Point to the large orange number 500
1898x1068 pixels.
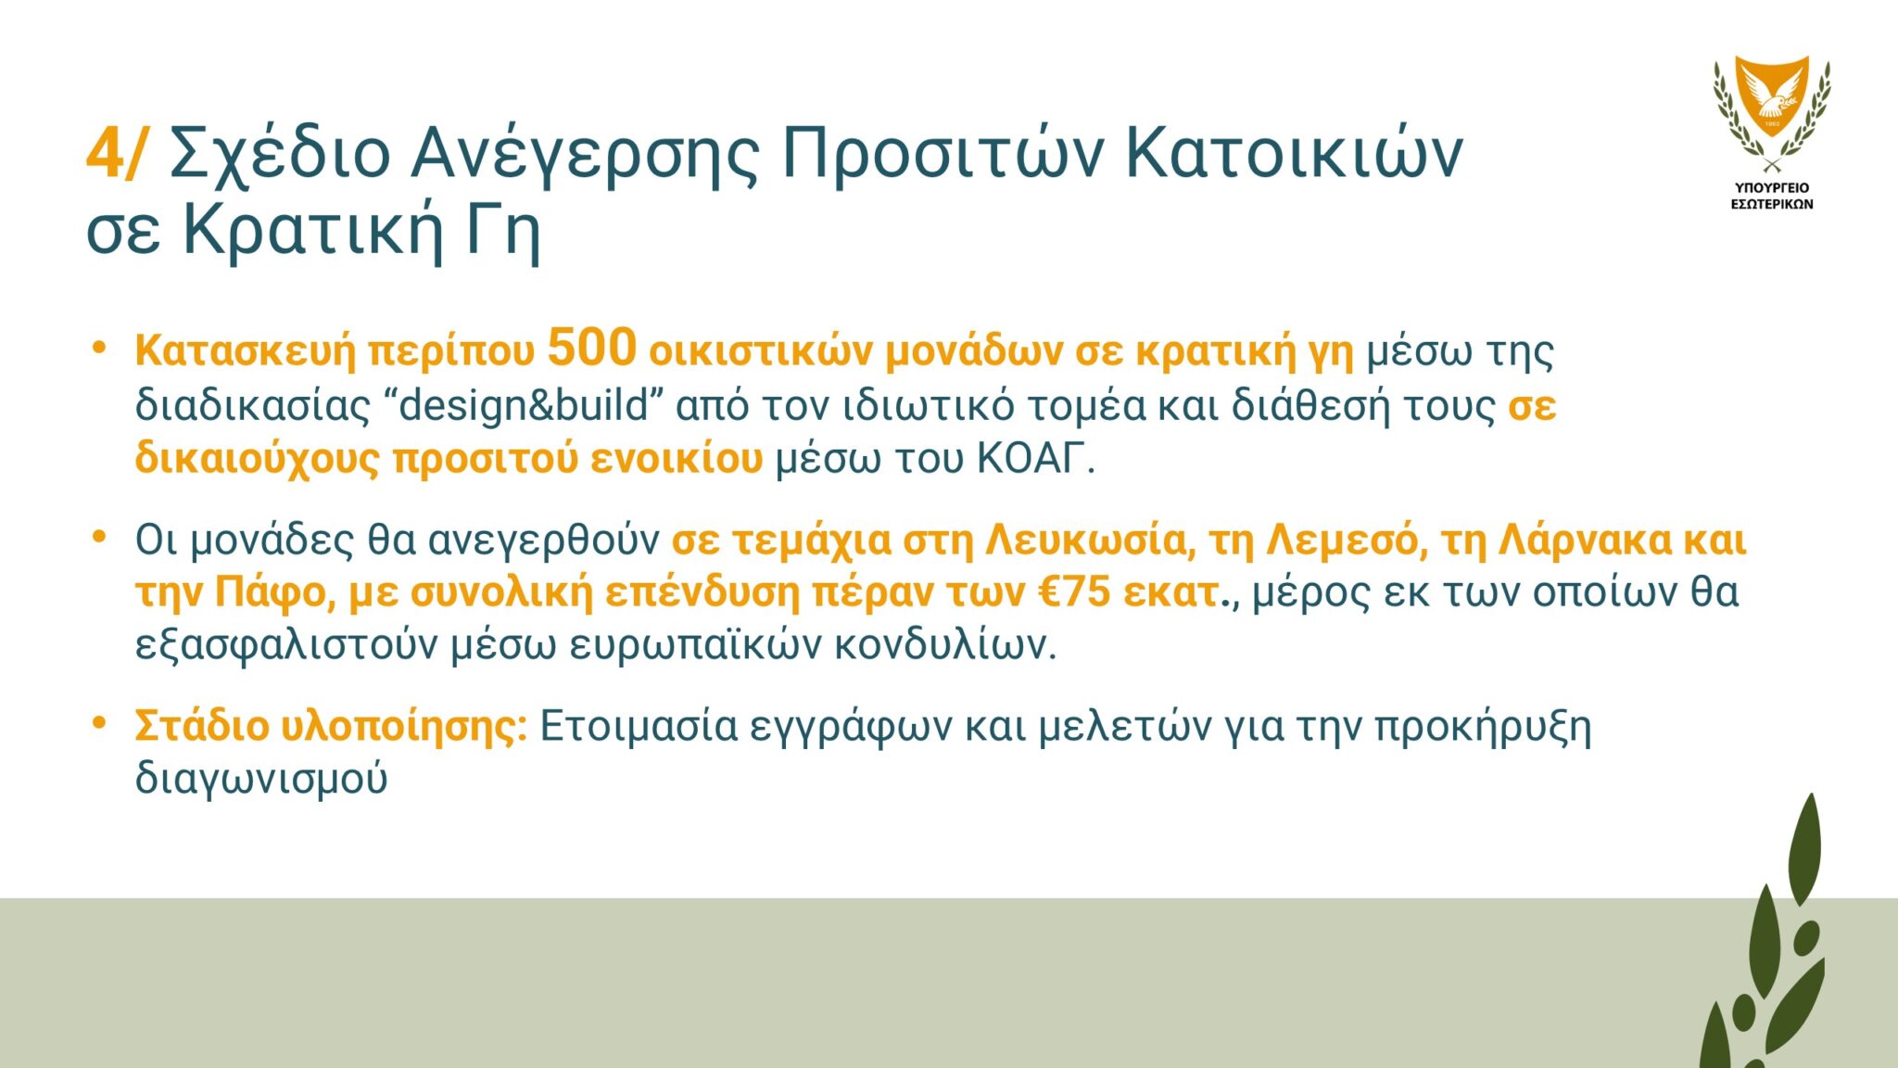(x=592, y=349)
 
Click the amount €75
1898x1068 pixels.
(x=1074, y=592)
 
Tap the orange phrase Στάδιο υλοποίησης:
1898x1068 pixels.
(x=331, y=726)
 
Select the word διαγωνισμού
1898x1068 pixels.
(x=261, y=779)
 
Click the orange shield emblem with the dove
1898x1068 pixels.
(x=1772, y=95)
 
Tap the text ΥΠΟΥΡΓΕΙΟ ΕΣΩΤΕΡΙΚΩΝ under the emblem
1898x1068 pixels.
(x=1772, y=196)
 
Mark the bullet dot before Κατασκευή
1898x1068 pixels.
(x=99, y=348)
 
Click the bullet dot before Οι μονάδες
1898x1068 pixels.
(x=99, y=537)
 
